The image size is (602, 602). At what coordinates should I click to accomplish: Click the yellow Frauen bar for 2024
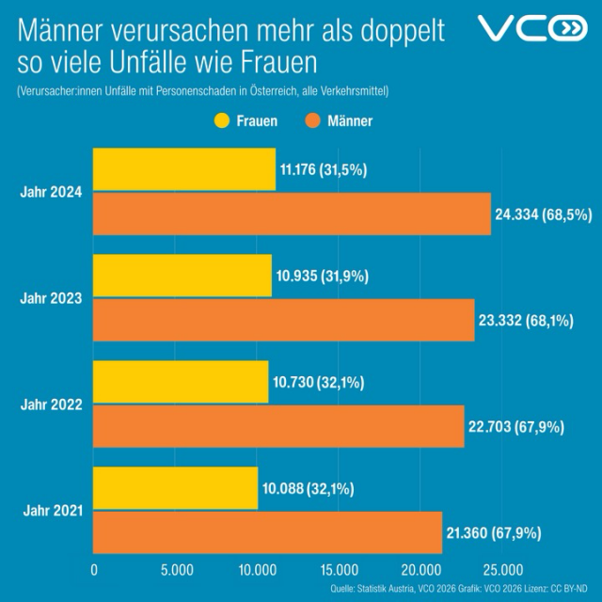click(x=183, y=170)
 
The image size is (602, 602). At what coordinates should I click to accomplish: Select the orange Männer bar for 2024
click(x=292, y=214)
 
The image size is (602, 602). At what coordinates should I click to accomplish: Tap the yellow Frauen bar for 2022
click(x=180, y=383)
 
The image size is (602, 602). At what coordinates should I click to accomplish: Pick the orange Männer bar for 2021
click(x=267, y=532)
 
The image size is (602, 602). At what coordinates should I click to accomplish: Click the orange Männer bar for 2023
click(x=283, y=320)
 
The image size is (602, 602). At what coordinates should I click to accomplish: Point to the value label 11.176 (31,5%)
click(x=323, y=170)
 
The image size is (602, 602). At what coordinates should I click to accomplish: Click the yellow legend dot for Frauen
click(x=222, y=121)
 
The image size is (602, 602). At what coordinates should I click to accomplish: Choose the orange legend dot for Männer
click(x=313, y=121)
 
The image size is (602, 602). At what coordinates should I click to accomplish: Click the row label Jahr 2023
click(x=51, y=298)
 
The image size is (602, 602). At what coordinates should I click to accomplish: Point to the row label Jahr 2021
click(x=51, y=511)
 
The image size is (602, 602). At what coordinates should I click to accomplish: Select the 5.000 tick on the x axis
click(x=176, y=570)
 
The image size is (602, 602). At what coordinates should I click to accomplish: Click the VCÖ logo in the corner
click(x=532, y=29)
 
